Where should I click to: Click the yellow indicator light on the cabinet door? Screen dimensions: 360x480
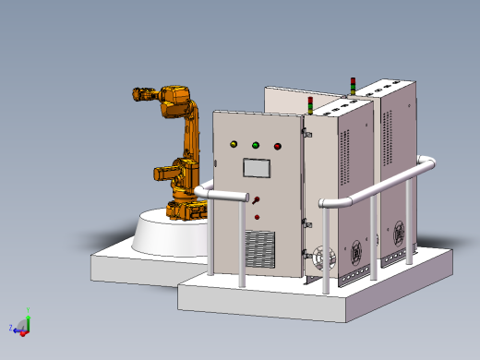point(233,144)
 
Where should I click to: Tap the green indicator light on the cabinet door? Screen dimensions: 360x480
point(255,145)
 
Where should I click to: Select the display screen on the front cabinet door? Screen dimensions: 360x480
point(256,168)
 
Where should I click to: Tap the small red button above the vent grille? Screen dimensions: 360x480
point(258,218)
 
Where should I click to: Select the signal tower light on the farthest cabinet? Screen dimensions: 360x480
point(351,86)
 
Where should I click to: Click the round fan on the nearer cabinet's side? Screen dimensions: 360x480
point(322,259)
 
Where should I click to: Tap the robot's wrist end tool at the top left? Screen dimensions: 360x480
point(141,93)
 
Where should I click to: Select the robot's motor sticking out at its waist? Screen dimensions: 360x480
point(162,173)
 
